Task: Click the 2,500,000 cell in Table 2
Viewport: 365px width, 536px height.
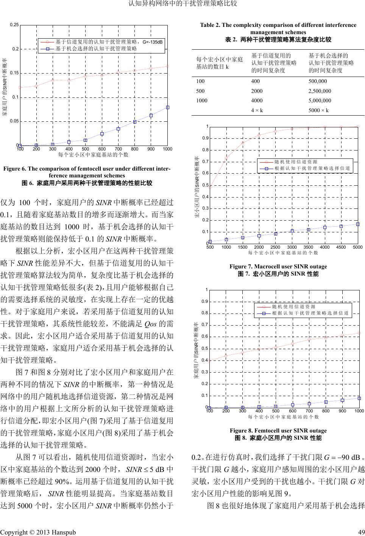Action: [320, 91]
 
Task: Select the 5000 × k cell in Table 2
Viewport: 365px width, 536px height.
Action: [319, 110]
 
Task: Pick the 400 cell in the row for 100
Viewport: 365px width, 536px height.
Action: [256, 81]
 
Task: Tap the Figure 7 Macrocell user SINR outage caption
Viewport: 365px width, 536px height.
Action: [278, 266]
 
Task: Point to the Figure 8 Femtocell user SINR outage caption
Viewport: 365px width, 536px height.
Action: [278, 430]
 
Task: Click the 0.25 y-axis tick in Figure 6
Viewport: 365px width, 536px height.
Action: [15, 25]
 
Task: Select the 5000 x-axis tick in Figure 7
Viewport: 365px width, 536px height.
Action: [357, 247]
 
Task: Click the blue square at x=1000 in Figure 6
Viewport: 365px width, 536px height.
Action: [168, 107]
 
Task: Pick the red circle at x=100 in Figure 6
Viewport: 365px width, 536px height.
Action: [20, 87]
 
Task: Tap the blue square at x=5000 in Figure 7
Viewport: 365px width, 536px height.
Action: [357, 224]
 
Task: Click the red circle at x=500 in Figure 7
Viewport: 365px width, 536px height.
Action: [210, 186]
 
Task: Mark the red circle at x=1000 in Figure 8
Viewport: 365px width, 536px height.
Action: [359, 333]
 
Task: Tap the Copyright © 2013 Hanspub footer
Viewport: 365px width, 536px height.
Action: [38, 531]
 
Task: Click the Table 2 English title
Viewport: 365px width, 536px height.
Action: [278, 28]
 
